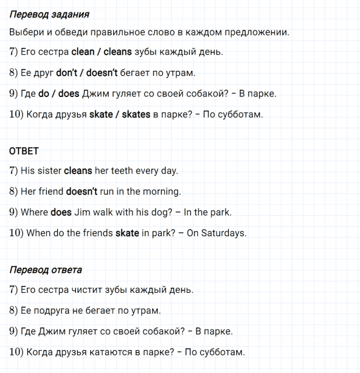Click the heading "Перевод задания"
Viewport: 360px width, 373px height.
point(50,14)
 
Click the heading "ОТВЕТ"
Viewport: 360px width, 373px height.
point(24,151)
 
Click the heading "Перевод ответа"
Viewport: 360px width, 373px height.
point(46,270)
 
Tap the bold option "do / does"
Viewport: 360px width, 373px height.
point(58,94)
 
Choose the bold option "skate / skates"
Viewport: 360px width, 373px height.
point(121,114)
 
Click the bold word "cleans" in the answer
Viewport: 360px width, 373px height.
point(78,170)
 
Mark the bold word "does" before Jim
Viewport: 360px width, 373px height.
point(61,212)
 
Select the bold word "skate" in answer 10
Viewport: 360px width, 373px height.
point(127,233)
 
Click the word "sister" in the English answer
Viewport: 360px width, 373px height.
point(49,170)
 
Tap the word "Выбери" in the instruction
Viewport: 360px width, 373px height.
point(27,32)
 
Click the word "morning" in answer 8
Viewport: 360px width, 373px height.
point(161,191)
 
